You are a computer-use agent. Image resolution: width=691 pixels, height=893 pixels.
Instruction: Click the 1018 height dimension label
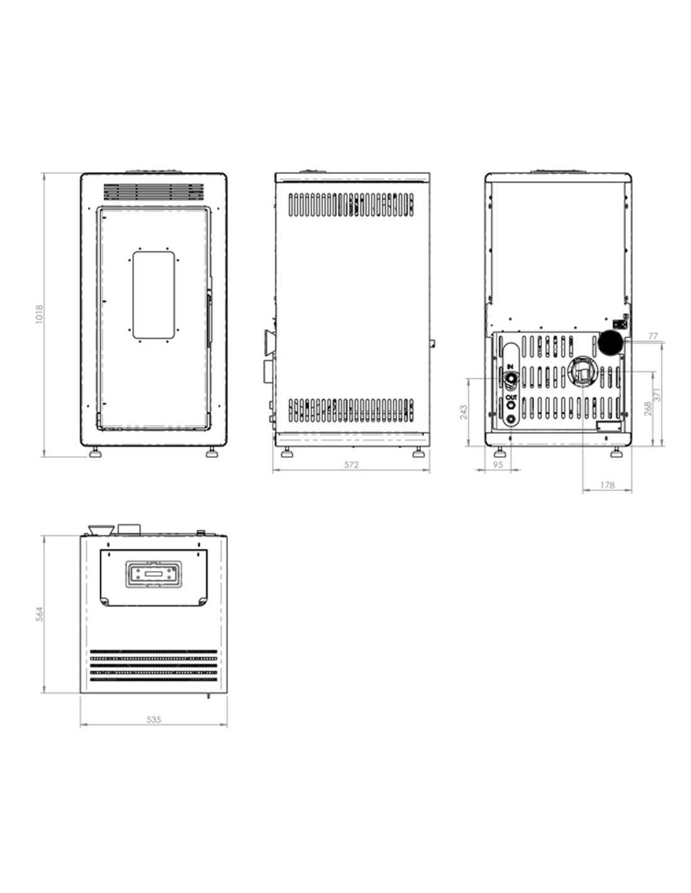[39, 314]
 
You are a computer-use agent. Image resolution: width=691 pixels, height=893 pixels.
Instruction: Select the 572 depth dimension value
[351, 465]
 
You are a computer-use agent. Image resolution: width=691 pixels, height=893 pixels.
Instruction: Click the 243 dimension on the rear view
[464, 412]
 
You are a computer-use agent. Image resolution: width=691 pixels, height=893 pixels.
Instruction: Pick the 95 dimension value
[498, 465]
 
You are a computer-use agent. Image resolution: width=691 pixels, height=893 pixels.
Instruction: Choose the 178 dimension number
[607, 485]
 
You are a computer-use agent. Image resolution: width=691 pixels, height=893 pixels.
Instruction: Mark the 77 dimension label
[653, 336]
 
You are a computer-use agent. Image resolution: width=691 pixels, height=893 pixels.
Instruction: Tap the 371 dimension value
[657, 394]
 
